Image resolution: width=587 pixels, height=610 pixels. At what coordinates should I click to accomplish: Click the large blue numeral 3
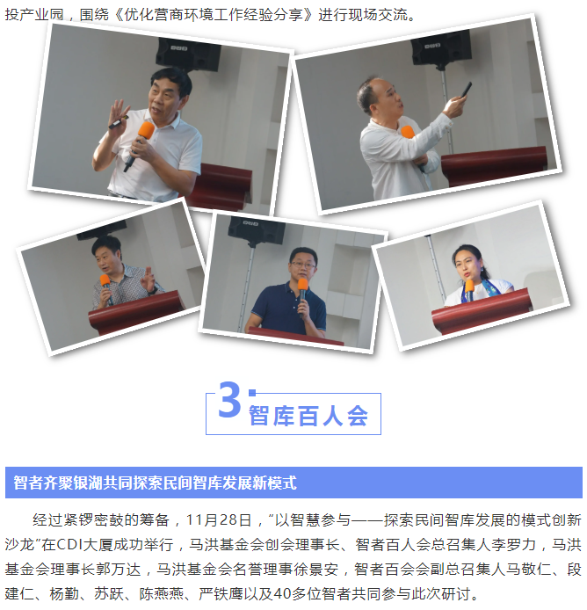pos(229,400)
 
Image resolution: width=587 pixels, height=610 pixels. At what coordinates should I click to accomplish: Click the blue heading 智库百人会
pos(308,416)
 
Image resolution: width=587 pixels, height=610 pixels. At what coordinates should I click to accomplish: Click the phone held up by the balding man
pos(466,90)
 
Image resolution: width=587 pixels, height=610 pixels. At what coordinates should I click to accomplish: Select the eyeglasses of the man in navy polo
pos(303,265)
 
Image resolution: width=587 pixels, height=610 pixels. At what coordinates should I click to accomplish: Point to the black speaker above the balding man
pos(442,47)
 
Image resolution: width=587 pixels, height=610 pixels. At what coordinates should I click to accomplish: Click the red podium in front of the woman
pos(482,309)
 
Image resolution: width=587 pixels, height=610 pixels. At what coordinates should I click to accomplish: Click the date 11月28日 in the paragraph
pos(219,519)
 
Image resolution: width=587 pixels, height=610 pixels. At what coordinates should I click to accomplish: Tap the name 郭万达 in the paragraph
pos(119,570)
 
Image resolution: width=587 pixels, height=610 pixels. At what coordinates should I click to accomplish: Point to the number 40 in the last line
pos(282,593)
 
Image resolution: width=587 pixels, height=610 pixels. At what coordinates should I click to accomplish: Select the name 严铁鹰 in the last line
pos(221,593)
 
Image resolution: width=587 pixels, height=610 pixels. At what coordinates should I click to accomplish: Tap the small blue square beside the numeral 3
pos(252,393)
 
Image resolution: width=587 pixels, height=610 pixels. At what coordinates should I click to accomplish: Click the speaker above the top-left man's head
pos(188,55)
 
